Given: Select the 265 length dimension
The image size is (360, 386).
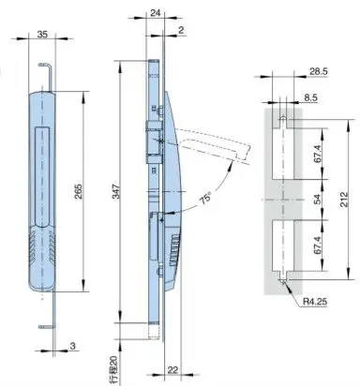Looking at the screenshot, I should tap(87, 198).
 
